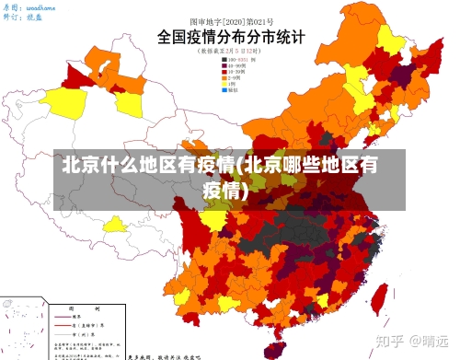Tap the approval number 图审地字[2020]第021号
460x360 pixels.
(226, 19)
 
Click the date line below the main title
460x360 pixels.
(226, 52)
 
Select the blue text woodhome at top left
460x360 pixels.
(40, 6)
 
